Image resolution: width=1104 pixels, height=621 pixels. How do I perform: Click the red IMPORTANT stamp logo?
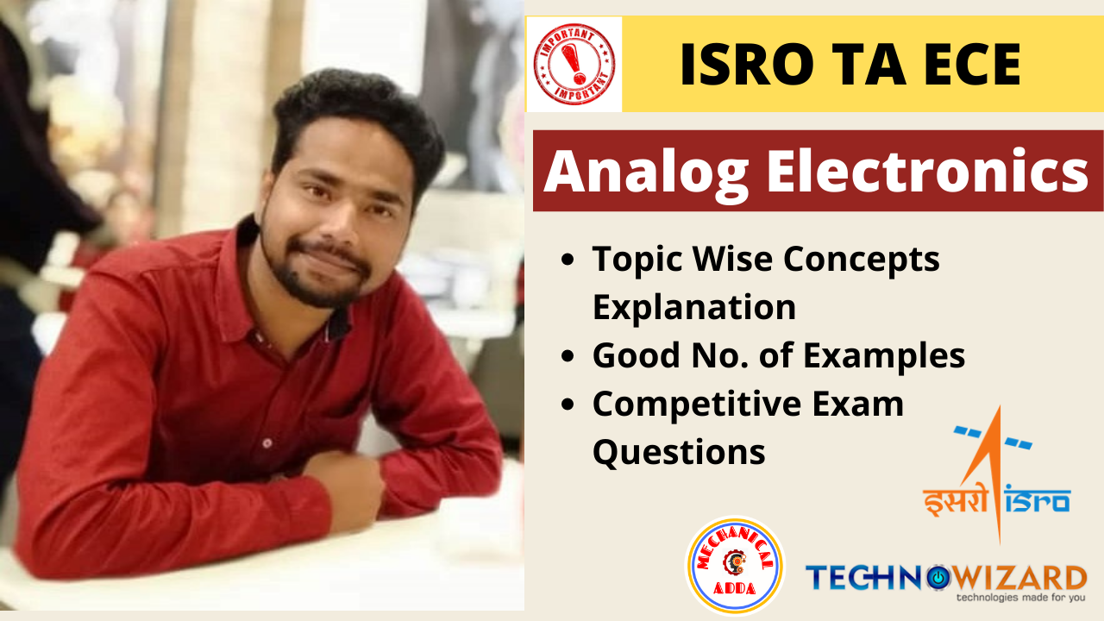(574, 64)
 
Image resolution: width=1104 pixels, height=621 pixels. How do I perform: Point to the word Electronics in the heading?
(927, 171)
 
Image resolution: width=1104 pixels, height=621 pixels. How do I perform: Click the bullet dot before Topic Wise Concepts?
(568, 260)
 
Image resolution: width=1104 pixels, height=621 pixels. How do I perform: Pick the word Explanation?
(694, 307)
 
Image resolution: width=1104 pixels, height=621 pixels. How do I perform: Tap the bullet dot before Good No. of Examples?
(568, 356)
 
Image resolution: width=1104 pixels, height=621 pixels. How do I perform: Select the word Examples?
(884, 356)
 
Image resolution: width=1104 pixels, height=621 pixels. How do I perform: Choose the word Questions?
(679, 453)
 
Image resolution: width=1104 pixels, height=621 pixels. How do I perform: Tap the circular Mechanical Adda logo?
(735, 565)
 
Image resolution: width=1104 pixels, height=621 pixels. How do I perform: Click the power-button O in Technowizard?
(938, 578)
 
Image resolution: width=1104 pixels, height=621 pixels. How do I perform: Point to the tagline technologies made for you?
(1020, 598)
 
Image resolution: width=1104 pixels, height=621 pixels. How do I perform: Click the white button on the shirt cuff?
(267, 443)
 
